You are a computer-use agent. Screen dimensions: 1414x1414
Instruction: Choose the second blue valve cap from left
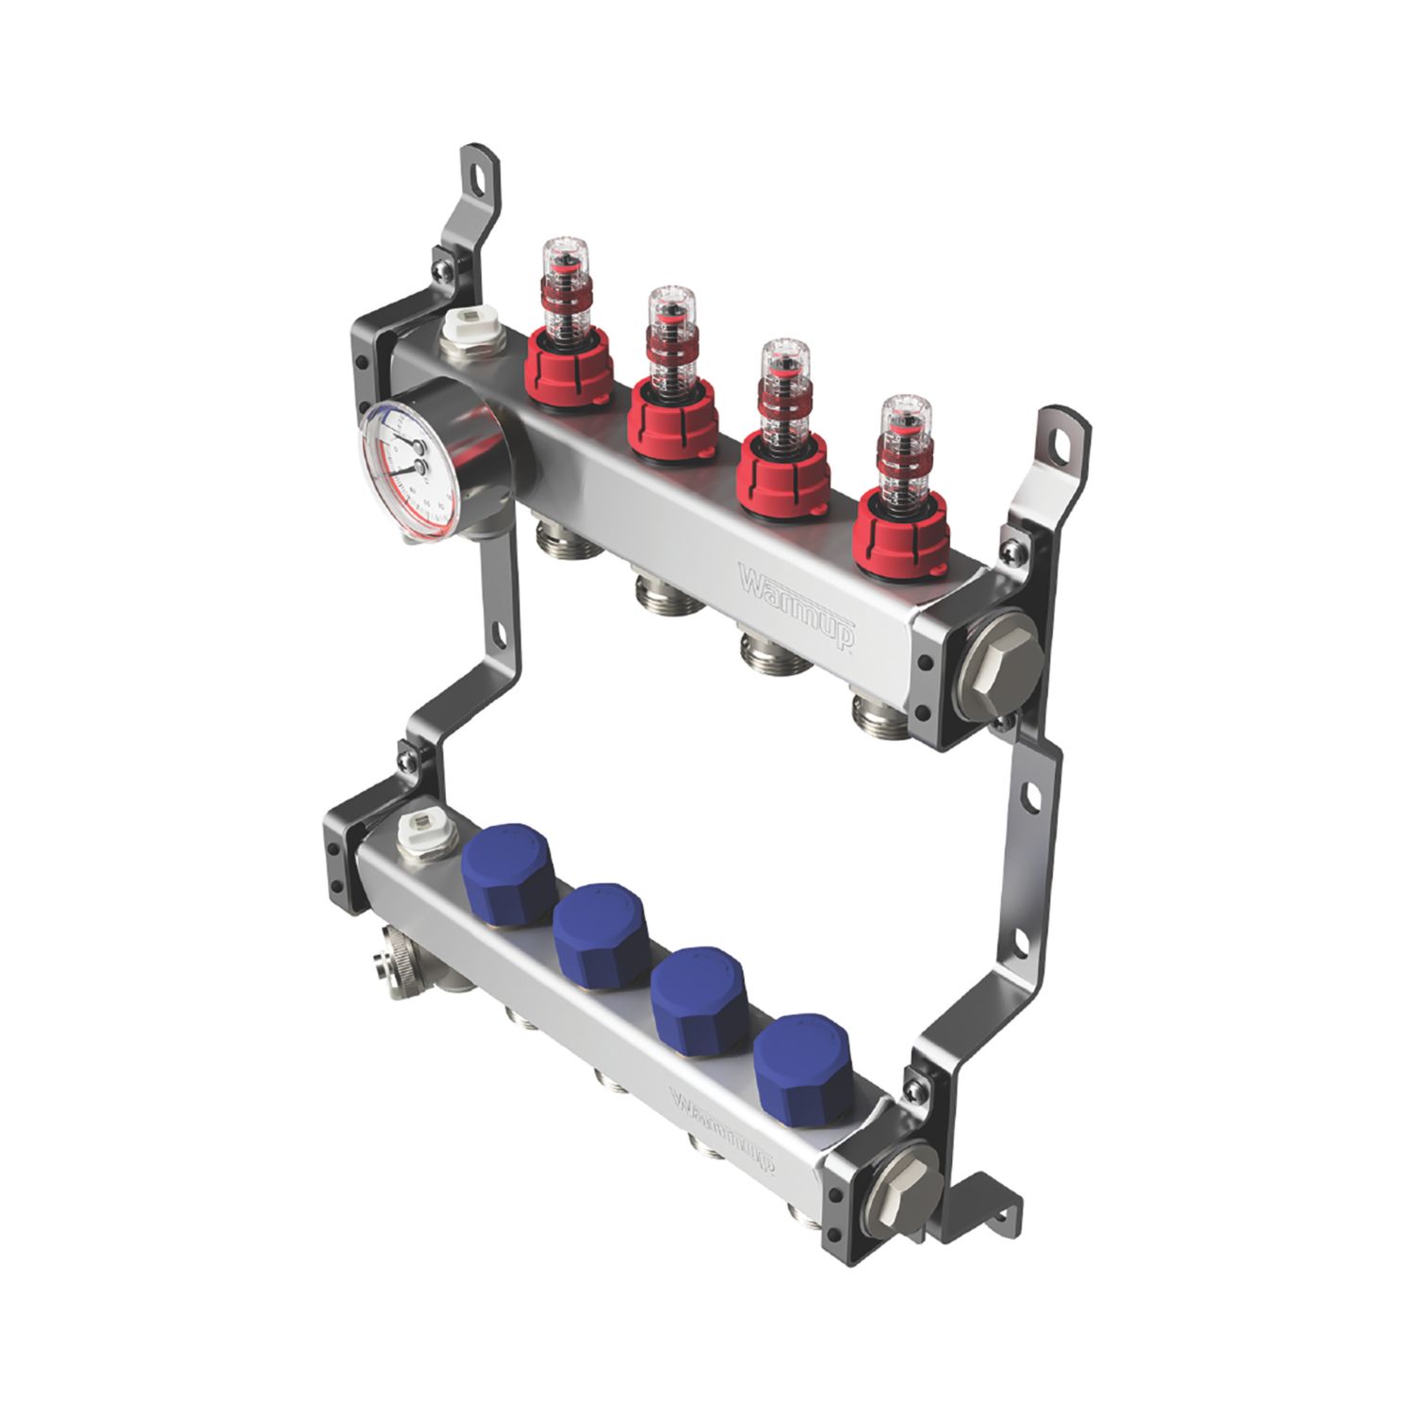600,929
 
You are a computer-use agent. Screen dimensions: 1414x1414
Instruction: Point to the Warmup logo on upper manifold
797,603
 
